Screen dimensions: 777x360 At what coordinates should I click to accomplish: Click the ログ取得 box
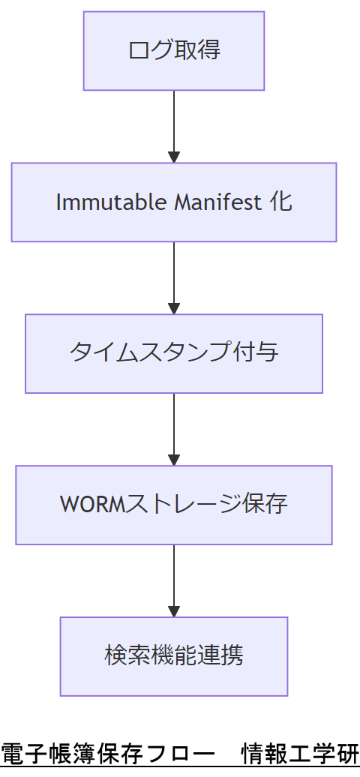pos(174,51)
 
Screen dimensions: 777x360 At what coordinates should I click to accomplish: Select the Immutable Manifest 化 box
pos(174,202)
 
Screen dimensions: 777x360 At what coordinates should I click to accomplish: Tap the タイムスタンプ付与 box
pos(174,353)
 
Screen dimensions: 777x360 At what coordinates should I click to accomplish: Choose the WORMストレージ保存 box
pos(174,505)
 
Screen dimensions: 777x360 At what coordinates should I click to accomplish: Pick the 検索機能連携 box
pos(174,656)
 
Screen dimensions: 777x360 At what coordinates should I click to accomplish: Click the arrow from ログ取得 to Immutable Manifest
pos(174,124)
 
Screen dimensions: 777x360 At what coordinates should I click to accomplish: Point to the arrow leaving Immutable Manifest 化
pos(174,275)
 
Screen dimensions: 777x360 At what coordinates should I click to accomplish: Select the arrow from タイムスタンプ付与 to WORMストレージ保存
pos(174,427)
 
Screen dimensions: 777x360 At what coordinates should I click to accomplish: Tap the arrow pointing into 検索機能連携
pos(174,578)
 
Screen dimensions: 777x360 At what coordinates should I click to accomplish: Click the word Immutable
pos(94,202)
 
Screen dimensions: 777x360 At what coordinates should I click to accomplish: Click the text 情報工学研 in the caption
pos(300,754)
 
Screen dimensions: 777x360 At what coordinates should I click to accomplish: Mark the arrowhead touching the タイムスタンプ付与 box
pos(174,308)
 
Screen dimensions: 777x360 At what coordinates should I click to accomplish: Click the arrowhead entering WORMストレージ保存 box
pos(174,460)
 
